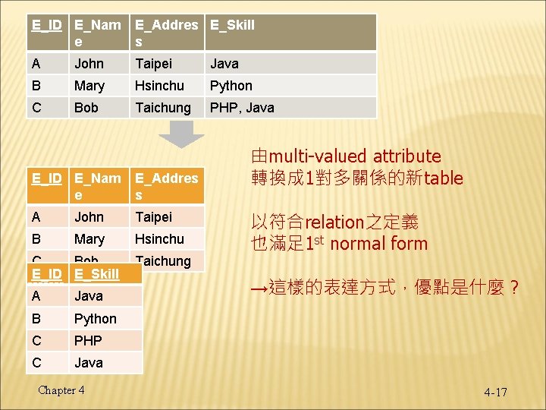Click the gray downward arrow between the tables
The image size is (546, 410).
click(x=186, y=134)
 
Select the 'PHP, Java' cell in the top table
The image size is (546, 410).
click(x=242, y=108)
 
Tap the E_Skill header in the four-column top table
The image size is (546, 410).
click(x=232, y=25)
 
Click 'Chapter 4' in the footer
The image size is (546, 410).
click(x=61, y=390)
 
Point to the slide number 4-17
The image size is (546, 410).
click(x=495, y=392)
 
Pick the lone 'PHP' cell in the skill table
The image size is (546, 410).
click(x=88, y=341)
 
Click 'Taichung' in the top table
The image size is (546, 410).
click(x=162, y=108)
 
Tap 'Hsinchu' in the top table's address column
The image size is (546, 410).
click(x=159, y=86)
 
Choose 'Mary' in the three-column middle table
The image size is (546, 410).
click(x=89, y=239)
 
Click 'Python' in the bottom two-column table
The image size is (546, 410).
click(x=96, y=318)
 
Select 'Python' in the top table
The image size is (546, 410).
click(x=231, y=86)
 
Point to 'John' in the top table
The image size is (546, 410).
click(x=89, y=64)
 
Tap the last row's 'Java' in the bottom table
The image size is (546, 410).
click(x=89, y=363)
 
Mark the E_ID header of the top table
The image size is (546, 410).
click(x=46, y=25)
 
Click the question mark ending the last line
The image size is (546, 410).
click(x=513, y=289)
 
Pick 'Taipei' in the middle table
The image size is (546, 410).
click(x=153, y=217)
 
